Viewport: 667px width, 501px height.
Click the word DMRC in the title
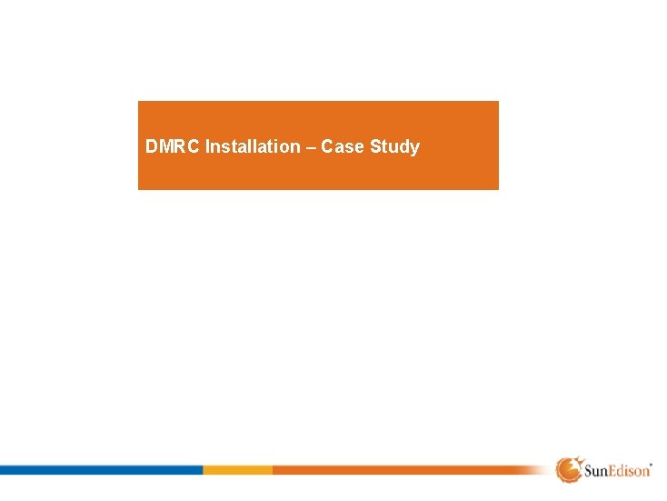173,146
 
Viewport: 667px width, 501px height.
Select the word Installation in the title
252,146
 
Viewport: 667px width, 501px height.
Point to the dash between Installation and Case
309,146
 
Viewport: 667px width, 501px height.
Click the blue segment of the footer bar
100,470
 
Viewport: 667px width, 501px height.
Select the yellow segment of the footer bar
237,470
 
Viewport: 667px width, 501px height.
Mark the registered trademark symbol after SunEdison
652,463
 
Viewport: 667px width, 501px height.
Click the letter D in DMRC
151,146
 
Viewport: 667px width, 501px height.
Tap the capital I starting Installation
208,146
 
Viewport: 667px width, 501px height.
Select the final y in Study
414,148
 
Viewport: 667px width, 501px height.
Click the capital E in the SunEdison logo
612,471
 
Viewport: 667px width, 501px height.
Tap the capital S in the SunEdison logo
586,471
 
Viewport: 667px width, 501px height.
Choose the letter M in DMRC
165,146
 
